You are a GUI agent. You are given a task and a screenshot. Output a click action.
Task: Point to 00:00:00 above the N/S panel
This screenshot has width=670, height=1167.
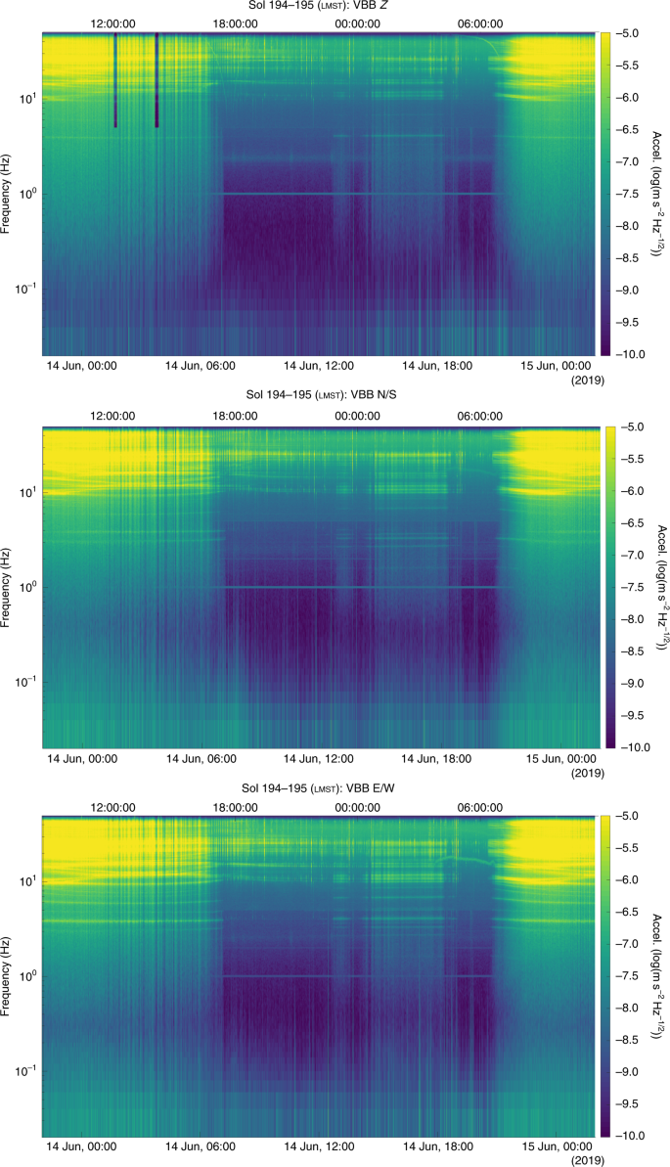pos(357,415)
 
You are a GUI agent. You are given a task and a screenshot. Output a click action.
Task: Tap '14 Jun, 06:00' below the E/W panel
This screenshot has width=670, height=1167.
pos(200,1145)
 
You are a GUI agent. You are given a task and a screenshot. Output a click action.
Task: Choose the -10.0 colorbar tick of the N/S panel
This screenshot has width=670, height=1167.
pos(632,746)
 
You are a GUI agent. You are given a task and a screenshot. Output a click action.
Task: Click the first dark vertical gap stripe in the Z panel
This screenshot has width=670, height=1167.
pos(115,78)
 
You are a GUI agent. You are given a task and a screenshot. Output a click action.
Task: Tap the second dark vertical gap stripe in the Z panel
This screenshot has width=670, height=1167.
pos(156,78)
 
